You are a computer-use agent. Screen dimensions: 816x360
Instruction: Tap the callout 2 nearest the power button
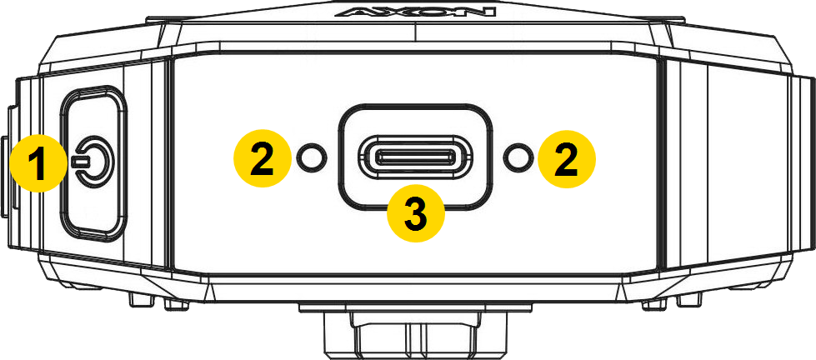tap(263, 158)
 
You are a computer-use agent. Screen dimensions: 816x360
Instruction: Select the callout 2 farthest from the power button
tap(567, 158)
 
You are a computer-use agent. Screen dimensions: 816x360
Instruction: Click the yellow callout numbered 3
tap(416, 213)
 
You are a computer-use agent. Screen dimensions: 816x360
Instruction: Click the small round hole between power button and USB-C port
tap(312, 157)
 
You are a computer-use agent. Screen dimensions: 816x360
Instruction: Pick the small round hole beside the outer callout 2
tap(518, 157)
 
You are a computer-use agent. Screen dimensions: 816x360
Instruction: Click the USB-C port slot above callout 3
tap(415, 156)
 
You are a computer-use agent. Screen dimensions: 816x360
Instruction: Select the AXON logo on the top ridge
tap(415, 11)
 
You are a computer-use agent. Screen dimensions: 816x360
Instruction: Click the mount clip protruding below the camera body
tap(415, 333)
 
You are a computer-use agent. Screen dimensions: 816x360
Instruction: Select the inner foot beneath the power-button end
tap(176, 304)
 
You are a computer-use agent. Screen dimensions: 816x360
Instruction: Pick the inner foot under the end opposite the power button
tap(654, 304)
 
